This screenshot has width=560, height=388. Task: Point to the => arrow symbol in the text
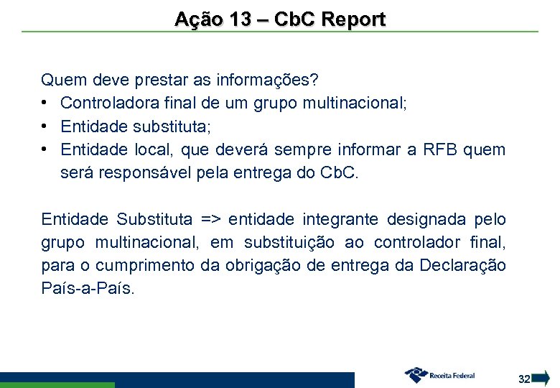click(x=210, y=219)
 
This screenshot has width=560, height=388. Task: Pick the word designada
click(x=429, y=219)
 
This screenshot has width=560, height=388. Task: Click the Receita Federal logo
click(x=440, y=375)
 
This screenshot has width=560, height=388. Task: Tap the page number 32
click(x=524, y=379)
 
